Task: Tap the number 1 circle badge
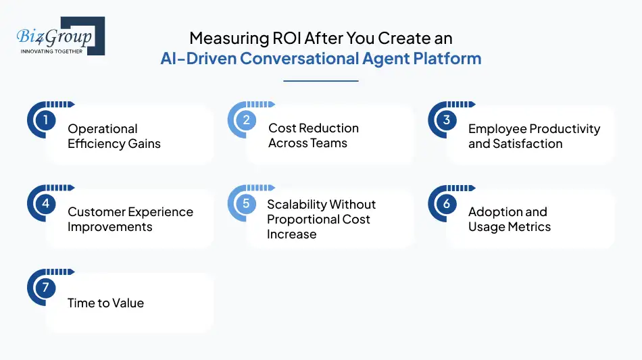tap(45, 121)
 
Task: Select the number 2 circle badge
tap(247, 120)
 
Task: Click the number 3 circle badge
tap(447, 120)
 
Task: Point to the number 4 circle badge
tap(45, 204)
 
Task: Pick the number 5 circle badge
tap(247, 204)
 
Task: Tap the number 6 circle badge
tap(447, 204)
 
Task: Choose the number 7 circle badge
tap(45, 288)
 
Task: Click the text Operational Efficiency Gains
tap(114, 136)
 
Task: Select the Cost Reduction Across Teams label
tap(313, 135)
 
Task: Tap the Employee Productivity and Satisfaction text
tap(534, 136)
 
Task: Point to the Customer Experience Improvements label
tap(130, 219)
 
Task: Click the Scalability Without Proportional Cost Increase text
tap(321, 219)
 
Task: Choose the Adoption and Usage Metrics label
tap(509, 219)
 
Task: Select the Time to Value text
tap(105, 303)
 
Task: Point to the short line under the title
tap(320, 81)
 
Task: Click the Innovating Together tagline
tap(51, 51)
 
